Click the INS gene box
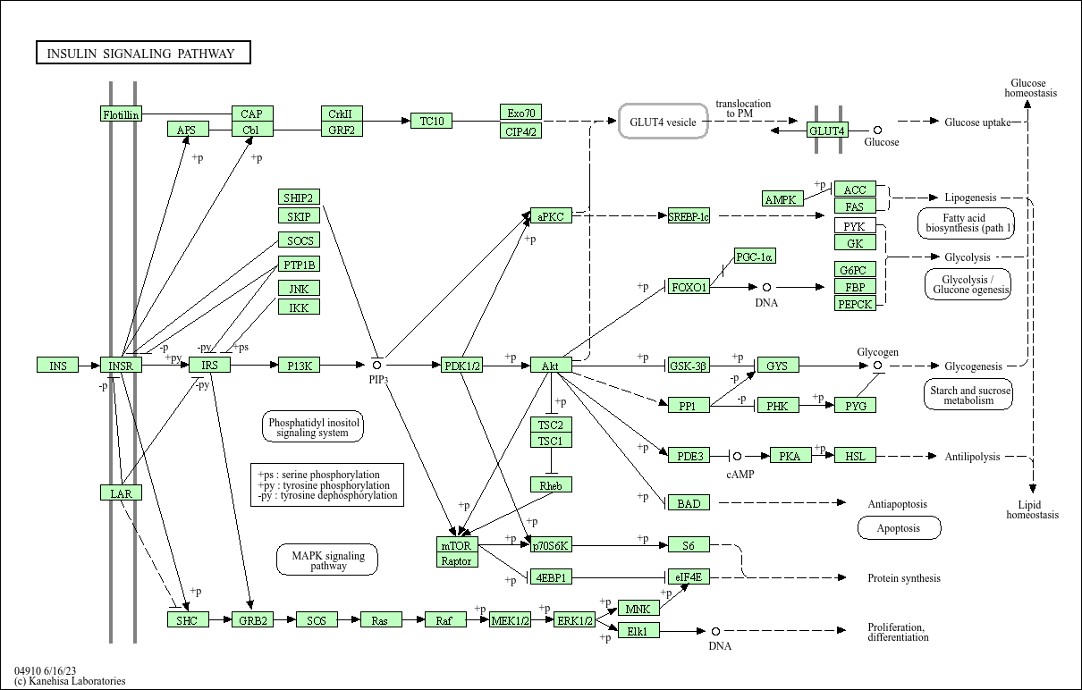click(x=57, y=366)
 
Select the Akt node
click(x=551, y=366)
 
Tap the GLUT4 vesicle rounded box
click(x=664, y=122)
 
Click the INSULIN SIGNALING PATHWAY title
click(x=143, y=54)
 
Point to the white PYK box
click(x=855, y=226)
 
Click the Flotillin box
click(x=121, y=114)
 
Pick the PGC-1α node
click(x=755, y=257)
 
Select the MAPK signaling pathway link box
click(x=328, y=560)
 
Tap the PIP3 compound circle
click(x=377, y=365)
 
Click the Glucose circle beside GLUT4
click(x=877, y=130)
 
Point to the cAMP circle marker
click(x=737, y=456)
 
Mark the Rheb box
click(x=551, y=485)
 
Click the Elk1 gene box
click(x=638, y=631)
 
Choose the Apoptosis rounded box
click(x=899, y=528)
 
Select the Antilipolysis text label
click(x=972, y=457)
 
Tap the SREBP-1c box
click(x=689, y=216)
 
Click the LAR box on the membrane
click(x=121, y=493)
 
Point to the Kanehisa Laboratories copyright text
click(x=70, y=681)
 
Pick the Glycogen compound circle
click(x=877, y=366)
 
